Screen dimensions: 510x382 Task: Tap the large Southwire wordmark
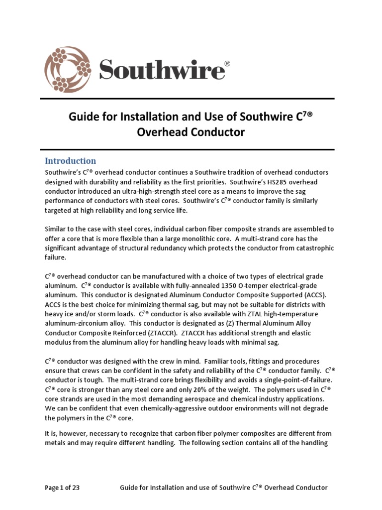[x=161, y=69]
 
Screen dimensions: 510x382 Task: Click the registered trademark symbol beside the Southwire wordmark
[x=227, y=64]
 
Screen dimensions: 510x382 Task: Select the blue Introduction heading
[x=71, y=161]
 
